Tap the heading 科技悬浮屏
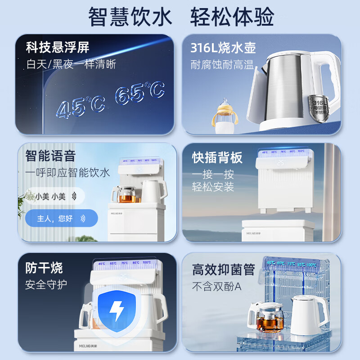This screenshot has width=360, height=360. [57, 47]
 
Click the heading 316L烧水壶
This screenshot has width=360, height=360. [217, 47]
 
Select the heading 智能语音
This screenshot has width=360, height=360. [50, 156]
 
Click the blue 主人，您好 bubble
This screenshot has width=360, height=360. [61, 219]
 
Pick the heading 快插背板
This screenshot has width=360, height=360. [217, 157]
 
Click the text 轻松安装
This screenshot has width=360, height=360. [213, 186]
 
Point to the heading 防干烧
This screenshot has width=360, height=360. [44, 268]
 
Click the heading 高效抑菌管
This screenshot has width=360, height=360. [223, 270]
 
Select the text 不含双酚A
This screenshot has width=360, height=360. [217, 286]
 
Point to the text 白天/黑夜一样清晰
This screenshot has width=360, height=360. [71, 64]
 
